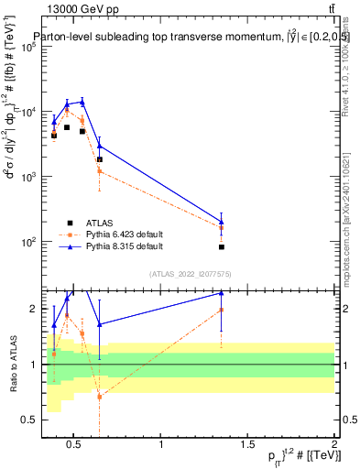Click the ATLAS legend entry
(100, 223)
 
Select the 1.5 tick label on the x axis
(247, 445)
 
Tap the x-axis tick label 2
(333, 445)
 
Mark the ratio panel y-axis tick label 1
(33, 365)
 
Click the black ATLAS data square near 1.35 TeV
(222, 247)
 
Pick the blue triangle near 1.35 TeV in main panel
(222, 222)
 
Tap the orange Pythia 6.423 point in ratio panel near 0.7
(99, 397)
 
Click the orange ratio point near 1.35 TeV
(222, 310)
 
